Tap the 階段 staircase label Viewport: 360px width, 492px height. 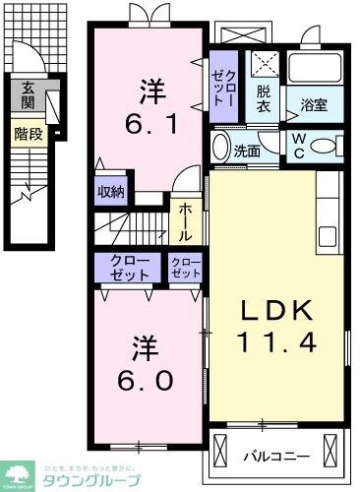point(29,133)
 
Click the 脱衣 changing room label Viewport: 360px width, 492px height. point(264,97)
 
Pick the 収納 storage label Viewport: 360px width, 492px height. point(111,192)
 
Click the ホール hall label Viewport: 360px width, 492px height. point(185,221)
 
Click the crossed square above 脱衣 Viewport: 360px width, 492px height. point(262,65)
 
